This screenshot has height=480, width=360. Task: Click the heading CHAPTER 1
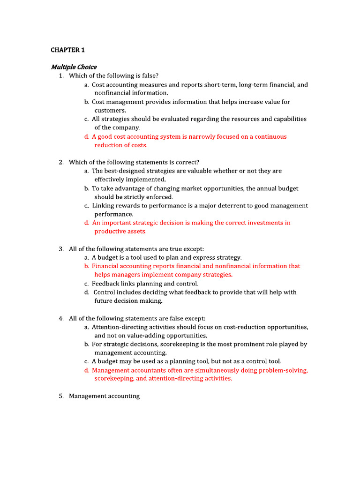(x=67, y=49)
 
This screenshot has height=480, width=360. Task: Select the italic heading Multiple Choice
(x=74, y=67)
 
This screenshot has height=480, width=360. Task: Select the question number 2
(x=61, y=162)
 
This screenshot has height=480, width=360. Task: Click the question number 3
(x=61, y=249)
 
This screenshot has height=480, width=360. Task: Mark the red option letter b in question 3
(x=87, y=266)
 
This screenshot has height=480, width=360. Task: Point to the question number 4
(x=61, y=318)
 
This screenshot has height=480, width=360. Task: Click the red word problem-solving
(x=282, y=370)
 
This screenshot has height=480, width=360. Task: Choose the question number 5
(x=61, y=396)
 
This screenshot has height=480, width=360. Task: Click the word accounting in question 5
(x=123, y=396)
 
